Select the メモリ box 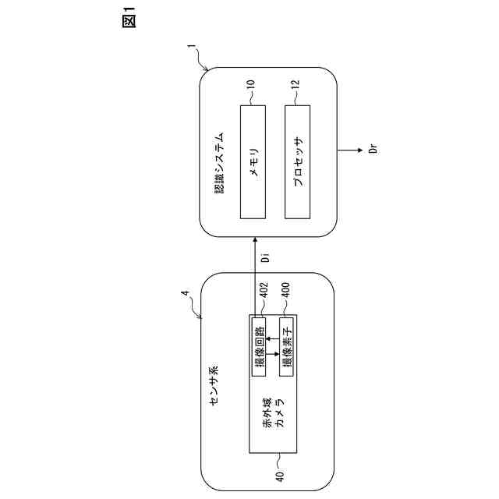(253, 161)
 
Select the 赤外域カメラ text (274, 412)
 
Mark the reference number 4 (184, 294)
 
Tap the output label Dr (373, 149)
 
